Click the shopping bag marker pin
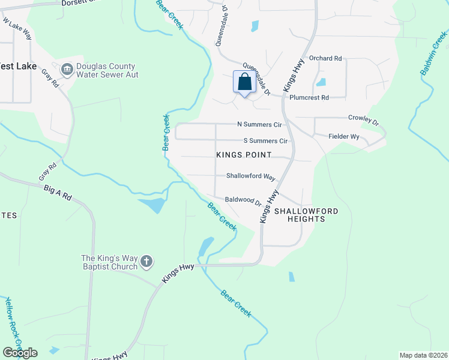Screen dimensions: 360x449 click(245, 82)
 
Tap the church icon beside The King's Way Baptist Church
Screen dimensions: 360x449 click(146, 261)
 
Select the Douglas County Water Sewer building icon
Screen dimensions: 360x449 click(67, 70)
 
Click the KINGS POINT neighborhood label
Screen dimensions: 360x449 click(244, 155)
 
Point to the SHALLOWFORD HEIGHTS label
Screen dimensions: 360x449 click(306, 215)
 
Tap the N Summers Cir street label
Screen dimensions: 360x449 click(259, 125)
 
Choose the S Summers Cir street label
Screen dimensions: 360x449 click(265, 141)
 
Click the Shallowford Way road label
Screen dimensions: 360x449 click(250, 177)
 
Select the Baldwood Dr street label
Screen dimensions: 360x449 click(243, 200)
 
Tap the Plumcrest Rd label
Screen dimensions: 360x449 click(309, 97)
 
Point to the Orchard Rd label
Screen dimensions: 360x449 click(325, 59)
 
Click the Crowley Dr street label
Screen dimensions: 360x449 click(364, 120)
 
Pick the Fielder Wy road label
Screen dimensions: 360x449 click(344, 137)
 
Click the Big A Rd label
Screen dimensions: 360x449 click(58, 193)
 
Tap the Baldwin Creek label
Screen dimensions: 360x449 click(433, 54)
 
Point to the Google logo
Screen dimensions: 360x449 click(20, 352)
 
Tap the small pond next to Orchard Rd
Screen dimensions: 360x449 click(321, 82)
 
